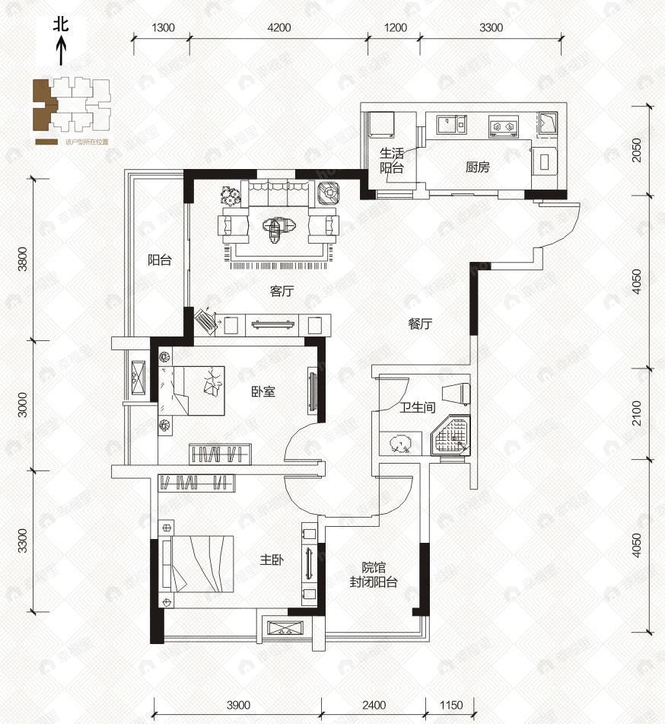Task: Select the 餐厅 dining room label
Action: click(x=419, y=324)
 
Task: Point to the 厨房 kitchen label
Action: click(x=477, y=168)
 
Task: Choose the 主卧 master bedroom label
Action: click(x=272, y=560)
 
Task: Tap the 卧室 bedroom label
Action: click(x=262, y=392)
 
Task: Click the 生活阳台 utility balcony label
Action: click(x=391, y=161)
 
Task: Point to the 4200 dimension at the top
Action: click(x=279, y=27)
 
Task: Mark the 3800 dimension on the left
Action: click(x=23, y=259)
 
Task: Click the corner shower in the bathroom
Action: click(x=452, y=437)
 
